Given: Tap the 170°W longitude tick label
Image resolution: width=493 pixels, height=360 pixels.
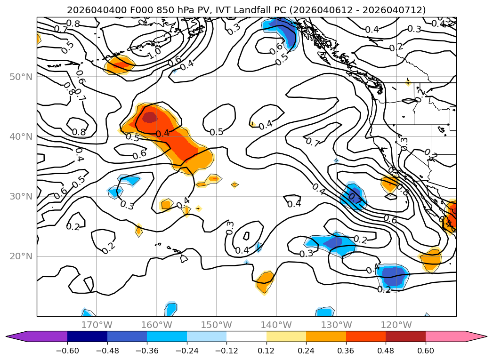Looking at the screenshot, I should tap(97, 325).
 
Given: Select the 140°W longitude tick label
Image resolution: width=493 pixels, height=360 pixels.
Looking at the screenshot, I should tap(276, 325).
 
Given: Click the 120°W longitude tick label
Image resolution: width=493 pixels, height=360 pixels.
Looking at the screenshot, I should tap(396, 325).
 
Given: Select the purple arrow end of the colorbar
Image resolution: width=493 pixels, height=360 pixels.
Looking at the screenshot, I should tap(16, 336).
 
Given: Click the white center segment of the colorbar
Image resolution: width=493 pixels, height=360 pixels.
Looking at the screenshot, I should tap(246, 336).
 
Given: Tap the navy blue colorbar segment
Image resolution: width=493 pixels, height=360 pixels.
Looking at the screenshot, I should tap(87, 336).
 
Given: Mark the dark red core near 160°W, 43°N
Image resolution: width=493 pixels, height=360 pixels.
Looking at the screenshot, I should tap(150, 117).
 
